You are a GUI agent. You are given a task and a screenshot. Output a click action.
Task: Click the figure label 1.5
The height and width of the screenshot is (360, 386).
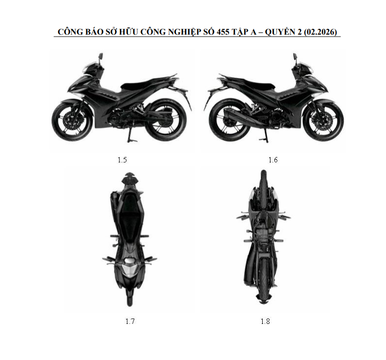(x=122, y=160)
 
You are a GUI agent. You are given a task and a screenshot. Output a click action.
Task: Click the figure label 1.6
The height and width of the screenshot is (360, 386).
(x=273, y=160)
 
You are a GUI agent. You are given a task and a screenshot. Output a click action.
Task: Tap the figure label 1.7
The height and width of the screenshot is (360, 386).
(x=130, y=321)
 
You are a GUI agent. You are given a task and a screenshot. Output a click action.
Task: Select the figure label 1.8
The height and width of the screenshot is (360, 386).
(x=265, y=321)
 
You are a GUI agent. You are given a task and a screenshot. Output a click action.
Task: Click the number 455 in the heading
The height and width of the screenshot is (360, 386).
(x=223, y=32)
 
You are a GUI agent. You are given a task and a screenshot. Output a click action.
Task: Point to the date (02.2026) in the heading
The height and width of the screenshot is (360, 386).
(x=320, y=32)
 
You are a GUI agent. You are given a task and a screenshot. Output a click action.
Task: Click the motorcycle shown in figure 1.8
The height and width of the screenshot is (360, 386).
(x=263, y=237)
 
